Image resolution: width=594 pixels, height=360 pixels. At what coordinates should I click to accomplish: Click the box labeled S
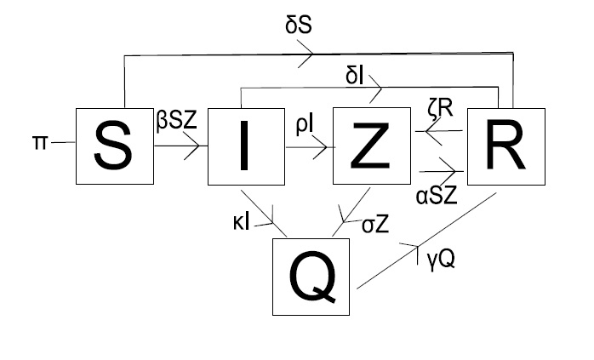click(115, 146)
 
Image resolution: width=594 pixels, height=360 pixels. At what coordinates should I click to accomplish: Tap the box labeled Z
click(368, 146)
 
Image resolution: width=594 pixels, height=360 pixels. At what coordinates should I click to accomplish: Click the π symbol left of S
click(40, 142)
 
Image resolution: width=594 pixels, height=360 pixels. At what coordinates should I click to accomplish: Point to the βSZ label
click(176, 119)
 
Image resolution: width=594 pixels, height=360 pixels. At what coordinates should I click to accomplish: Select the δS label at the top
click(298, 26)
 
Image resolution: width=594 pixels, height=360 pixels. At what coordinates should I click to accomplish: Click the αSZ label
click(437, 195)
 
